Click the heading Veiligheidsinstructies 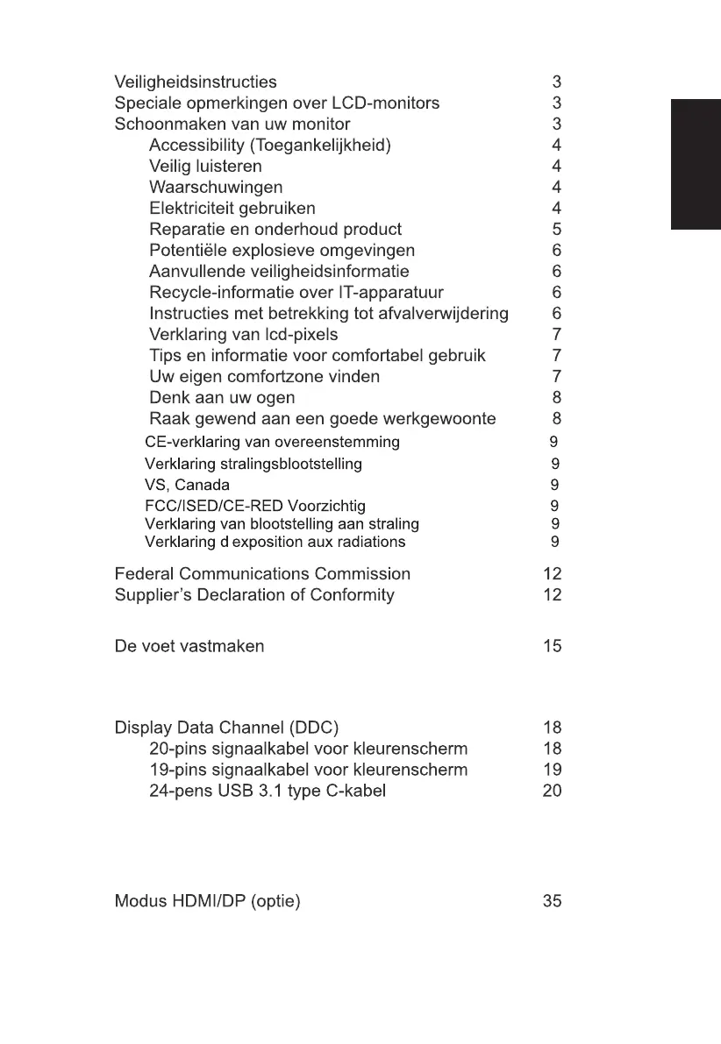196,82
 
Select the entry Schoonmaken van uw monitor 232,124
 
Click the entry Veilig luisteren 205,167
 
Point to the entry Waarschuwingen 216,188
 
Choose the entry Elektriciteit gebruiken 232,209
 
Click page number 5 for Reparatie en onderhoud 556,230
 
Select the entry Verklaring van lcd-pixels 243,335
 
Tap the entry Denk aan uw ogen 222,398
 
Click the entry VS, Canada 187,485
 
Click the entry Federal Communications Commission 262,574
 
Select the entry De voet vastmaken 189,647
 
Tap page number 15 552,647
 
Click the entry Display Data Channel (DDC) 226,728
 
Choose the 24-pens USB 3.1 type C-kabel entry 268,791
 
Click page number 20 552,791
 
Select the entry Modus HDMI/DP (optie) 208,901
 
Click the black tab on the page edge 696,165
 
